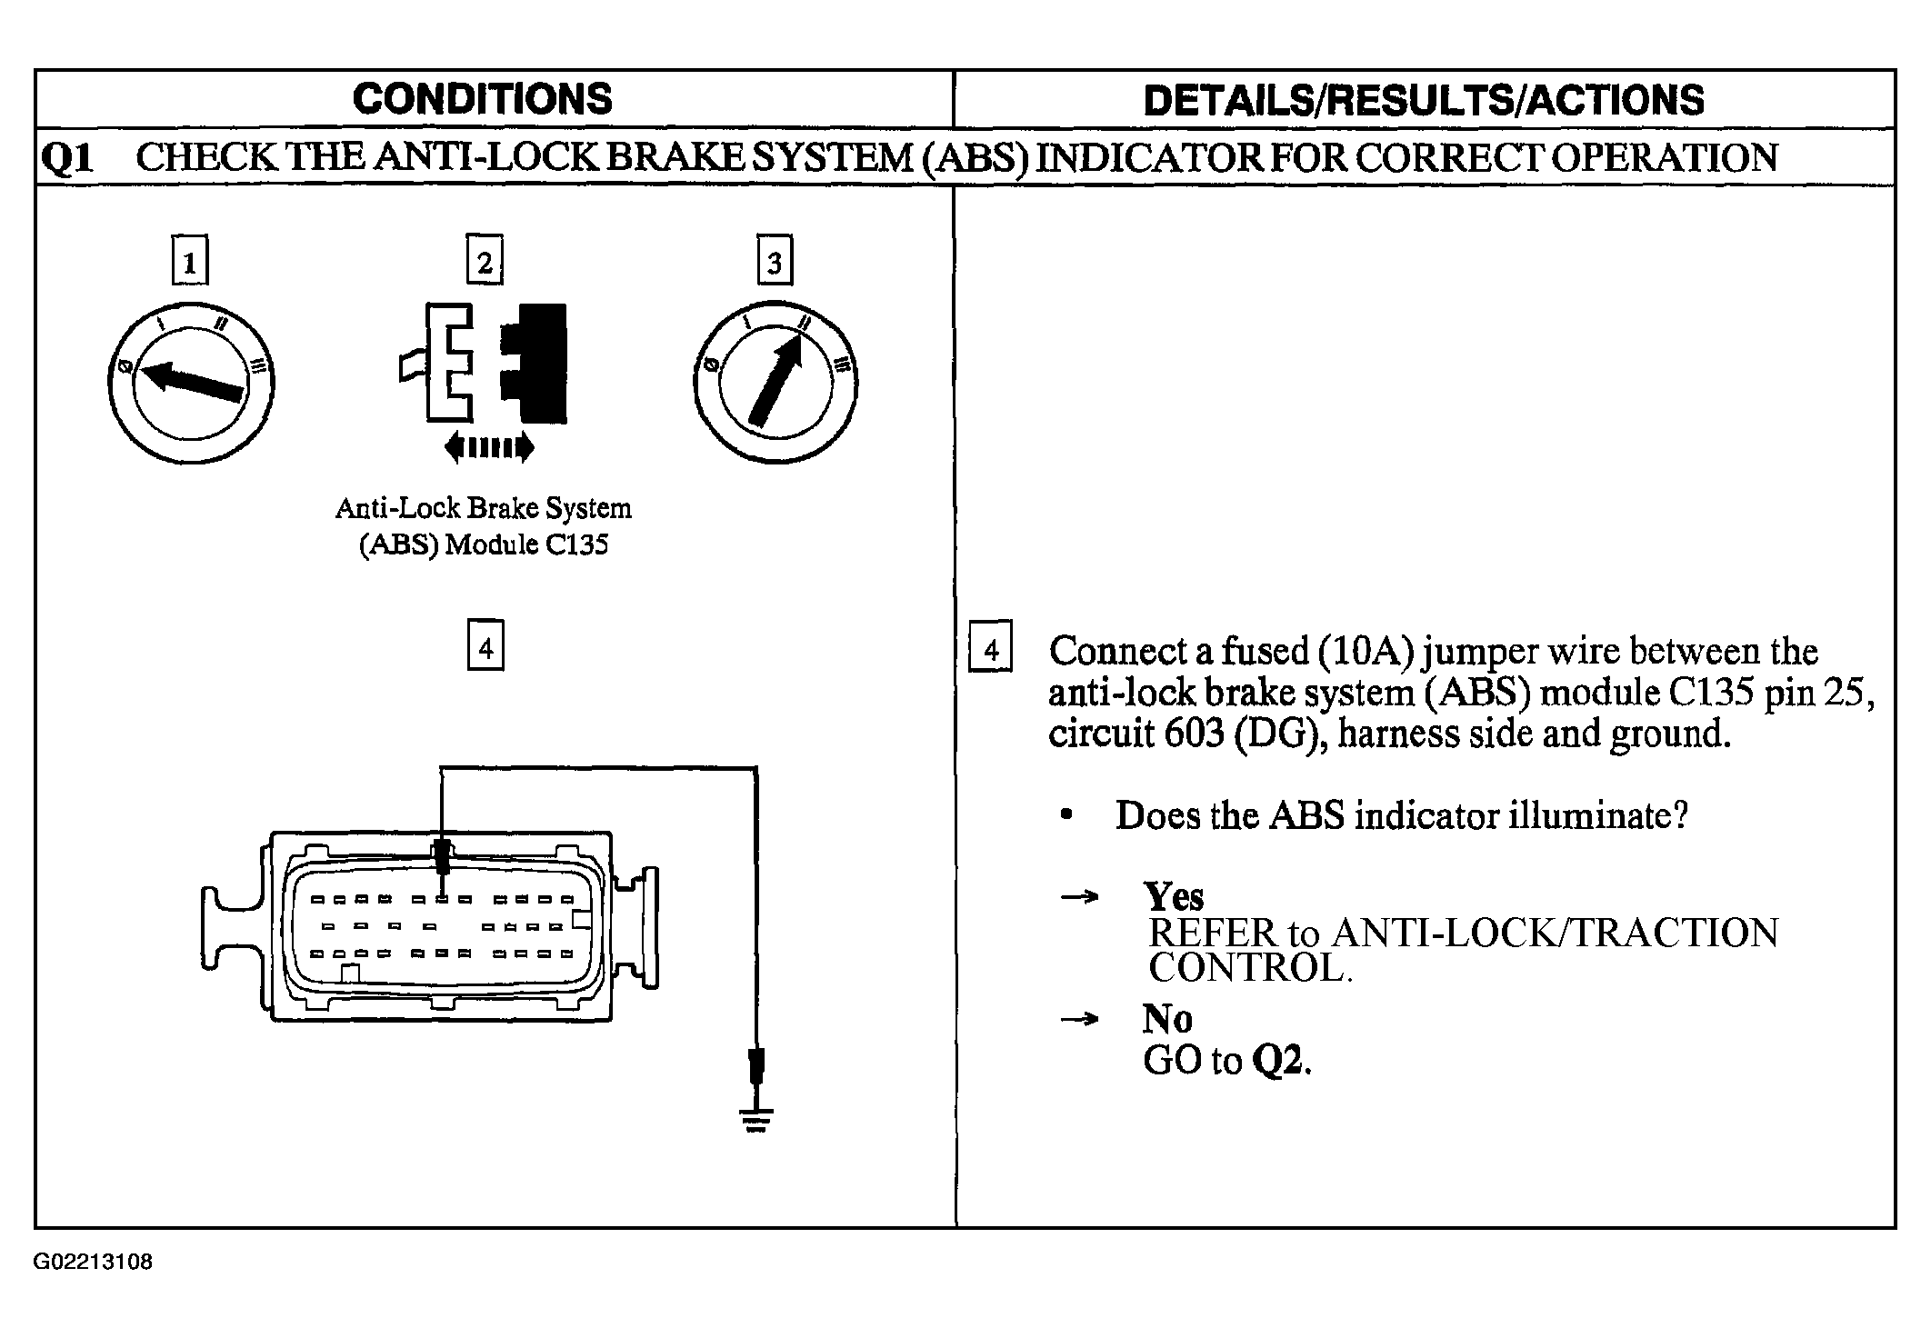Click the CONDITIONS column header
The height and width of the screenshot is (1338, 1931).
483,99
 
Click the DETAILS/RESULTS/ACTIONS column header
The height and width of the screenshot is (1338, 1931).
1424,100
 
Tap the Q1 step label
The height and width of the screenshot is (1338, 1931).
68,158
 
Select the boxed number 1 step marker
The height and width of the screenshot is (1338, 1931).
189,261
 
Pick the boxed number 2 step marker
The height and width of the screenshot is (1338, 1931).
485,261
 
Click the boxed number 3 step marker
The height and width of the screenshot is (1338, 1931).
775,261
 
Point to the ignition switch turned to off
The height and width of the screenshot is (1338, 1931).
191,383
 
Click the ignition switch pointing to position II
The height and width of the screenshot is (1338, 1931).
775,383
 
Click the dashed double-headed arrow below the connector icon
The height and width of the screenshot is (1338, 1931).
489,447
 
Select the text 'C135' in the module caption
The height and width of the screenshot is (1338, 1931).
576,544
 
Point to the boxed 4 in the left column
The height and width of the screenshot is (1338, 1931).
485,646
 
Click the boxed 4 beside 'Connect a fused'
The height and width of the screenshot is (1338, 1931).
991,648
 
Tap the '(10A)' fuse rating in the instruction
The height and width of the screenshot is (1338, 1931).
1361,652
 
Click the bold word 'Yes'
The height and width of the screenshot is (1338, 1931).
1174,896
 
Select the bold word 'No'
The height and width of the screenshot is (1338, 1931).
1167,1019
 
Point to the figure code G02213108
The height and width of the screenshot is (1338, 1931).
94,1263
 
